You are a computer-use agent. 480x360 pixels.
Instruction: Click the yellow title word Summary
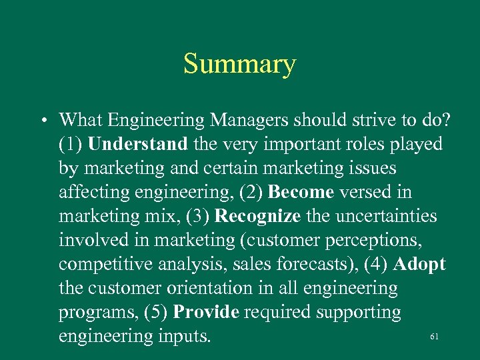(239, 65)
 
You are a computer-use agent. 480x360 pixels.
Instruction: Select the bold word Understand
(137, 145)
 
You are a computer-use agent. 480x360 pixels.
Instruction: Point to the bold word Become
(300, 193)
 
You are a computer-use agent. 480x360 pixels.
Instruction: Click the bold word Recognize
(259, 217)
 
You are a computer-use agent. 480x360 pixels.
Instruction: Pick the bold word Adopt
(419, 265)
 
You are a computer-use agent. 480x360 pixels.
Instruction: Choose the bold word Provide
(208, 313)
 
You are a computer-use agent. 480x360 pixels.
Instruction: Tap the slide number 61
(434, 337)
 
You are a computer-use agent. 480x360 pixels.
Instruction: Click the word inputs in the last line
(182, 337)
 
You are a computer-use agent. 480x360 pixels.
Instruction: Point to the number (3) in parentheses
(199, 217)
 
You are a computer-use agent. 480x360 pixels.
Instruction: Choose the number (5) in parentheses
(155, 313)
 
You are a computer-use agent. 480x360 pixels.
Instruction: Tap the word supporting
(359, 313)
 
